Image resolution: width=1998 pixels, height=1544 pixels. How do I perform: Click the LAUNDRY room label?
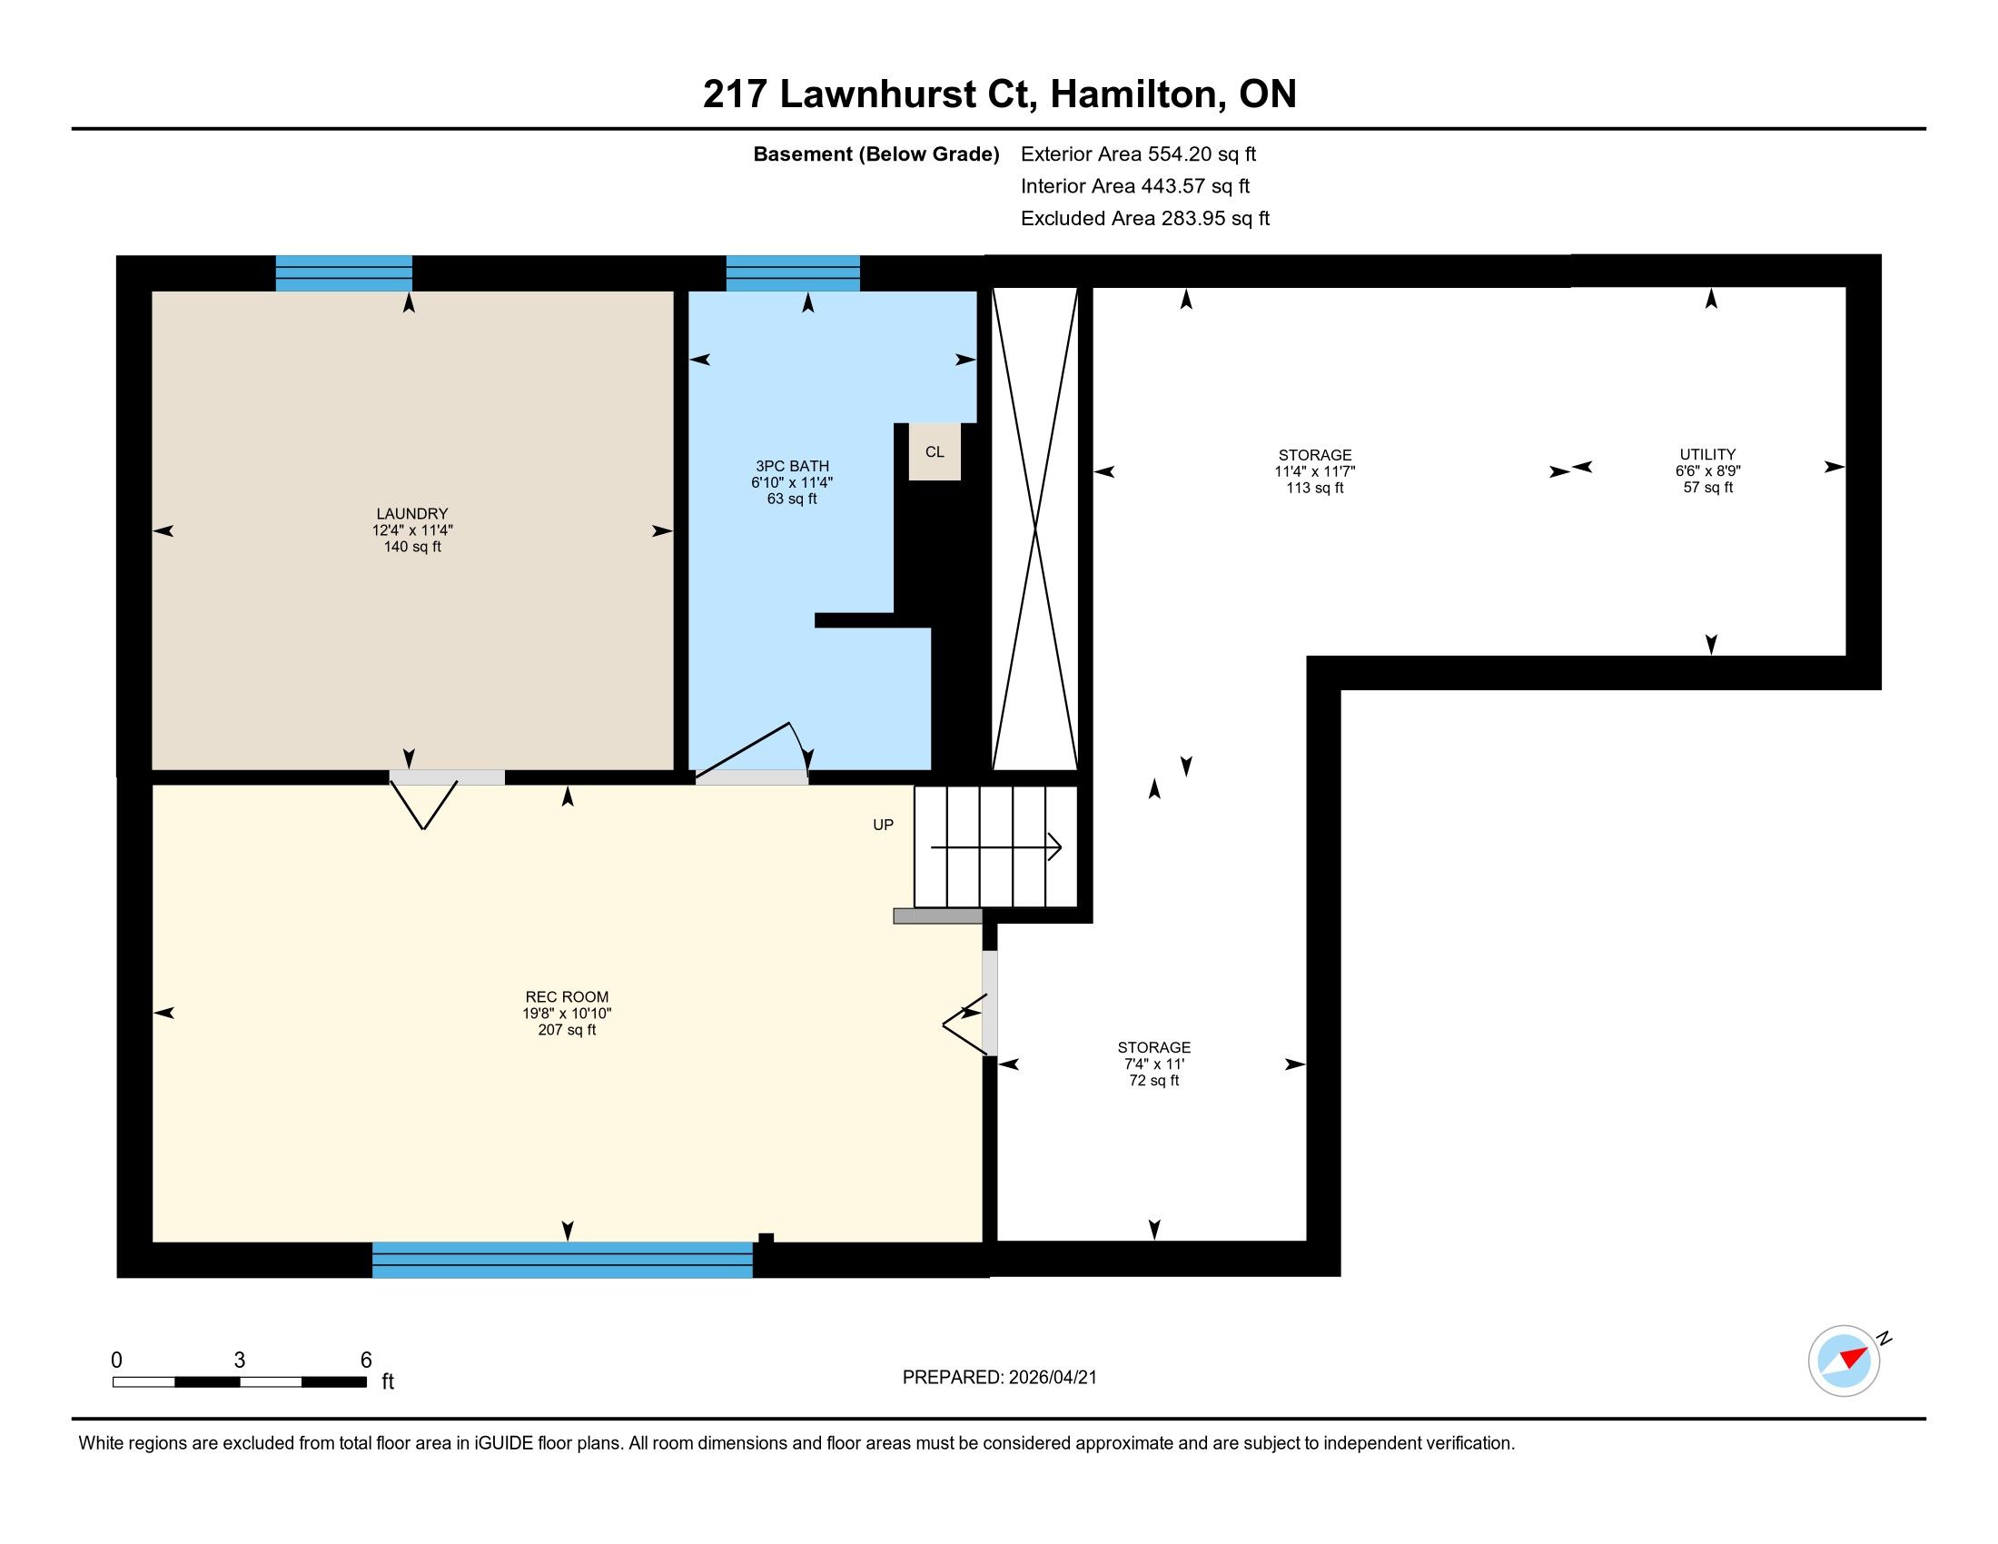tap(411, 514)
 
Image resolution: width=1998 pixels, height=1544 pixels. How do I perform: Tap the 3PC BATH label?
tap(792, 467)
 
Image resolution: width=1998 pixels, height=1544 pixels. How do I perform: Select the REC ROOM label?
tap(567, 997)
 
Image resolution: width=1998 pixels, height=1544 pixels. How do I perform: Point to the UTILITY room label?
tap(1707, 455)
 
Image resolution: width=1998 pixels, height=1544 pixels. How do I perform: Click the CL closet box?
tap(934, 451)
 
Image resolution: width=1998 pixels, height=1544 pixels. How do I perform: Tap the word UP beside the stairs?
tap(883, 825)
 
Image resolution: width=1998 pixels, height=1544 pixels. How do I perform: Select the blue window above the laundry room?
tap(344, 272)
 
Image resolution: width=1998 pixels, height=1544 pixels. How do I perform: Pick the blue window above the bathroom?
tap(793, 272)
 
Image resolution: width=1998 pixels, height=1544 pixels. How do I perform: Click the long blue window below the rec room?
tap(563, 1260)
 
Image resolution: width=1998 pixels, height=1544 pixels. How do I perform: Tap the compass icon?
tap(1844, 1361)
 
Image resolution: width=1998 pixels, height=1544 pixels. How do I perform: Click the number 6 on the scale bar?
tap(366, 1361)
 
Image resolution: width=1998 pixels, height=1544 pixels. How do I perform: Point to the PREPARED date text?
tap(999, 1378)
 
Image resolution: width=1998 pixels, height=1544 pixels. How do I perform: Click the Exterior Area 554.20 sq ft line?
tap(1138, 153)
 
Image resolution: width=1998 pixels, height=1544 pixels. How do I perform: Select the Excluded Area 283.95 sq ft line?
tap(1145, 219)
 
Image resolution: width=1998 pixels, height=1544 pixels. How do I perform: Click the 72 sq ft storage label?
tap(1153, 1080)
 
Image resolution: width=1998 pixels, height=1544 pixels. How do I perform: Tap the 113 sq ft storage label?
tap(1315, 488)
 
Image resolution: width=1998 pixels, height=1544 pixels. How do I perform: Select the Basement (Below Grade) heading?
tap(875, 154)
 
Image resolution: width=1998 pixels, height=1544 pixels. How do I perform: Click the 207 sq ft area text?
tap(567, 1030)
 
